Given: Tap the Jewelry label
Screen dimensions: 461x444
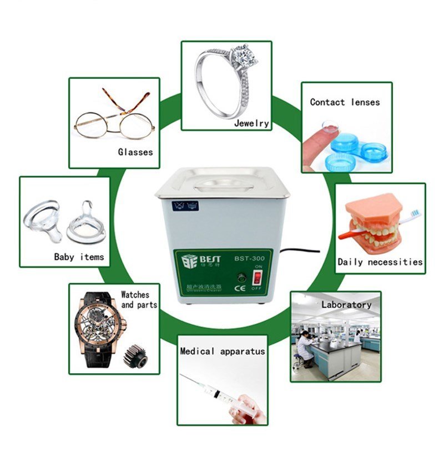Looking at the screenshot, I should [251, 123].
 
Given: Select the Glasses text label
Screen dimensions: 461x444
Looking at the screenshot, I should [135, 152].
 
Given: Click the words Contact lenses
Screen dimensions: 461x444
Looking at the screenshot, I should [345, 102].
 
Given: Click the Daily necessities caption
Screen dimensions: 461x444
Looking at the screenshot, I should [380, 262].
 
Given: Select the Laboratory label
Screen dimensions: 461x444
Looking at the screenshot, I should [346, 304].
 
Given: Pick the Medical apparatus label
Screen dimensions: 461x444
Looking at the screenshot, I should [223, 351].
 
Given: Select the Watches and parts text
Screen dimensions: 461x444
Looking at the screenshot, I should [139, 300].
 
